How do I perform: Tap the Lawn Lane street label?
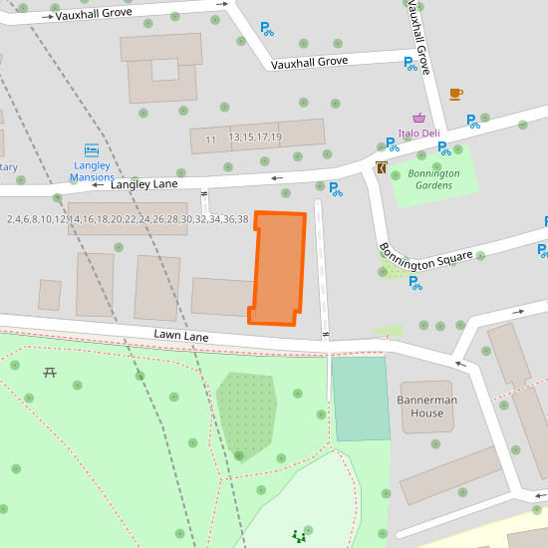180,337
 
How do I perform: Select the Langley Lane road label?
143,184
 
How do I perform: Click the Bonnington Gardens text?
433,179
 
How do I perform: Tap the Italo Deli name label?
418,134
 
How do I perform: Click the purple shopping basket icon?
419,118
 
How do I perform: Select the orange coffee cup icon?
455,94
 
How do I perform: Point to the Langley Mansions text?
92,171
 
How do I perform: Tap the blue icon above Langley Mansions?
92,150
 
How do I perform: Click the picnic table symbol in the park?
50,373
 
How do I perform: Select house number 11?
210,140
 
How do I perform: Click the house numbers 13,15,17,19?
255,137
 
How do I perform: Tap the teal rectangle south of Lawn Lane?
360,398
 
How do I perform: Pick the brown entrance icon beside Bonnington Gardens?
382,167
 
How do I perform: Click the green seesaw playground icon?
298,537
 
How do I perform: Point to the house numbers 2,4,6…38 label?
128,219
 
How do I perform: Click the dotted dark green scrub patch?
246,414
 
